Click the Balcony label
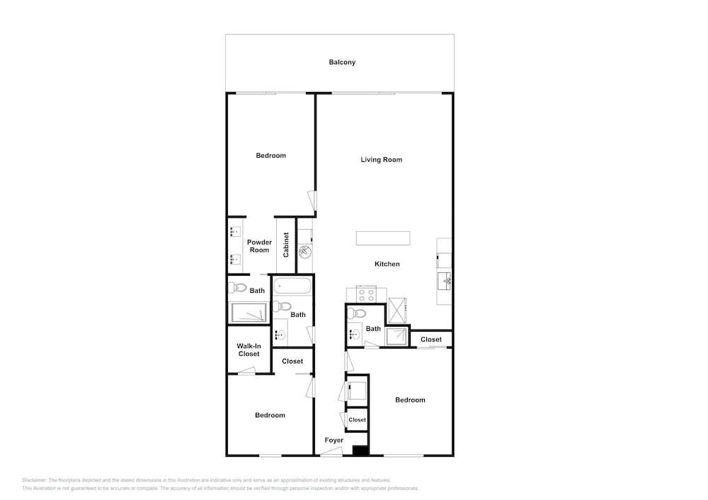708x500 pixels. pyautogui.click(x=342, y=62)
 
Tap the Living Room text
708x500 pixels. pyautogui.click(x=381, y=160)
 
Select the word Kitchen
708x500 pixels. pyautogui.click(x=387, y=264)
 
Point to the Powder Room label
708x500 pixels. pyautogui.click(x=259, y=246)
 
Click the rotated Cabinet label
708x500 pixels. pyautogui.click(x=286, y=245)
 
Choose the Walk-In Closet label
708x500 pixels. pyautogui.click(x=249, y=350)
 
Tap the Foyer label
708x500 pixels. pyautogui.click(x=333, y=440)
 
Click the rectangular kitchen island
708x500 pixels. pyautogui.click(x=383, y=238)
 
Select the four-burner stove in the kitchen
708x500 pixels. pyautogui.click(x=366, y=294)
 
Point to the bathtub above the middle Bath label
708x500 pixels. pyautogui.click(x=292, y=286)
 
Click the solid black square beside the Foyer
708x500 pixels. pyautogui.click(x=360, y=450)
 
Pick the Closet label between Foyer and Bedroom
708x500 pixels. pyautogui.click(x=357, y=420)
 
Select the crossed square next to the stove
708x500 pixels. pyautogui.click(x=397, y=310)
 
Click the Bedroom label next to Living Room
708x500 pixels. pyautogui.click(x=270, y=156)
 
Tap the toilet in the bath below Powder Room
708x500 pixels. pyautogui.click(x=237, y=287)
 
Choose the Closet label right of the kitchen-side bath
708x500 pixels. pyautogui.click(x=430, y=339)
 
